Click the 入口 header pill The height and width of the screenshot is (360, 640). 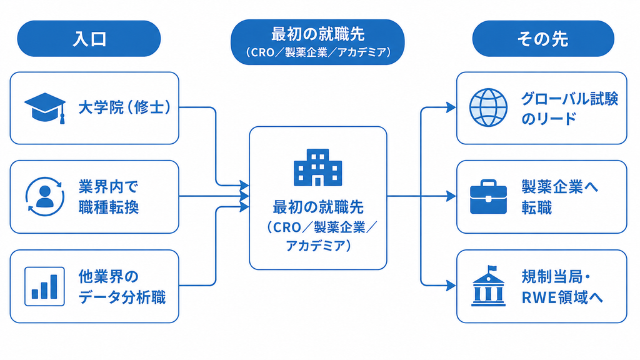tap(89, 39)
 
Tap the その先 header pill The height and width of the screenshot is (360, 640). tap(543, 39)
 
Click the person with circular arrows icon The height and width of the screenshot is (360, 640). tap(45, 196)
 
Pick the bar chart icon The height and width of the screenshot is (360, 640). tap(44, 286)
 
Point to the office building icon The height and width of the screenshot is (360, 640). tap(318, 167)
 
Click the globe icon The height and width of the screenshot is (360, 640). tap(488, 107)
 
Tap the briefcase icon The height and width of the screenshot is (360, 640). tap(488, 197)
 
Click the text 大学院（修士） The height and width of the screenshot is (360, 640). tap(124, 107)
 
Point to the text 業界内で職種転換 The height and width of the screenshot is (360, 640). tap(109, 197)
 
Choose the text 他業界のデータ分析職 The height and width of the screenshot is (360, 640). tap(122, 286)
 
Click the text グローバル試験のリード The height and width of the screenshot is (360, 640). tap(570, 109)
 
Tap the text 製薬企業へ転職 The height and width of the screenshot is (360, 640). tap(559, 197)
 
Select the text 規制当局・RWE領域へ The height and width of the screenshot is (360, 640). tap(562, 287)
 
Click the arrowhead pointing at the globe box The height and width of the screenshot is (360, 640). tap(451, 107)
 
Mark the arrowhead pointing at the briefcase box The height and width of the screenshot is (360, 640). tap(451, 196)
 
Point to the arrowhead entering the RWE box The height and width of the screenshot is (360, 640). tap(451, 285)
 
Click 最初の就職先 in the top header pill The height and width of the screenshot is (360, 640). tap(318, 34)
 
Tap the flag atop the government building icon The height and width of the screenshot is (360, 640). tap(492, 269)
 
